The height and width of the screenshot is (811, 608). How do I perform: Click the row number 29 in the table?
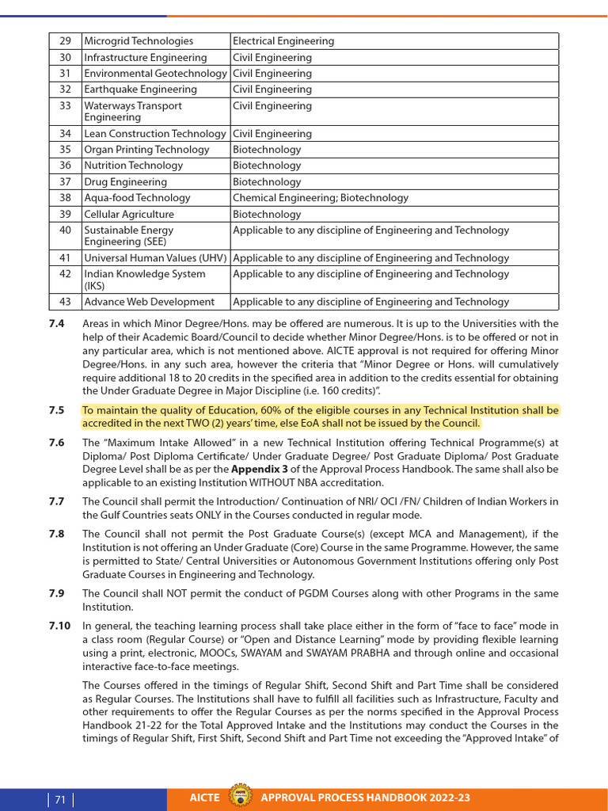pyautogui.click(x=65, y=41)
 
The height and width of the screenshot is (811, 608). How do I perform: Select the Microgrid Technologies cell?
pyautogui.click(x=139, y=41)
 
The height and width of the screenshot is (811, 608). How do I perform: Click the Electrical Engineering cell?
pyautogui.click(x=283, y=41)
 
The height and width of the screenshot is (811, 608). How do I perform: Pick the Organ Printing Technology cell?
pyautogui.click(x=146, y=150)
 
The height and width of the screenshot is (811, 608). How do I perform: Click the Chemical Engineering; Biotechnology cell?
pyautogui.click(x=321, y=198)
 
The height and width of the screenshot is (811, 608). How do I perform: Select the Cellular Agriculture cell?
pyautogui.click(x=129, y=214)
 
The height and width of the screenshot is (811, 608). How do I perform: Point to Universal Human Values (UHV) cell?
pyautogui.click(x=156, y=258)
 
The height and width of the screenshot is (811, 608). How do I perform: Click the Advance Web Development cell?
pyautogui.click(x=149, y=302)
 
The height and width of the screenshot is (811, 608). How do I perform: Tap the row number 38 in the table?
pyautogui.click(x=65, y=198)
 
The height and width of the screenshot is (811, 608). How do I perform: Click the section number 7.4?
pyautogui.click(x=56, y=324)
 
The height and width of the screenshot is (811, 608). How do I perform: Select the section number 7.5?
pyautogui.click(x=56, y=410)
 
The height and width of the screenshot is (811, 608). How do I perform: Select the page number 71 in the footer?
pyautogui.click(x=60, y=800)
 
